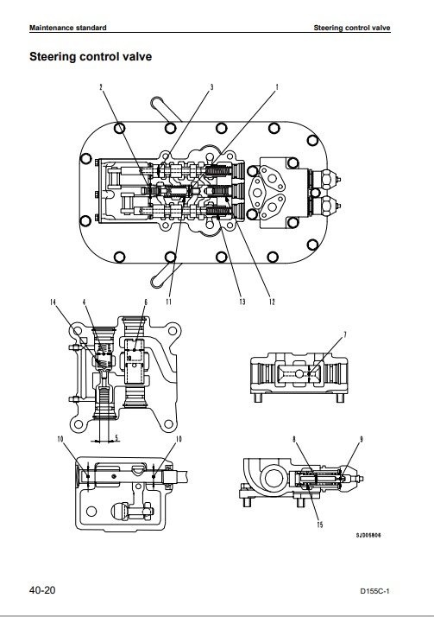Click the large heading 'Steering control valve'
pyautogui.click(x=91, y=57)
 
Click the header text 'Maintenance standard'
pyautogui.click(x=68, y=28)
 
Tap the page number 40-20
pyautogui.click(x=42, y=590)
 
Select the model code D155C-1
pyautogui.click(x=374, y=591)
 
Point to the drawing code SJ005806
pyautogui.click(x=368, y=535)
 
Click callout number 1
pyautogui.click(x=277, y=87)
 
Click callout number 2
pyautogui.click(x=101, y=87)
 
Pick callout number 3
pyautogui.click(x=211, y=87)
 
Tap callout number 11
pyautogui.click(x=168, y=302)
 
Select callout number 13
pyautogui.click(x=242, y=302)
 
